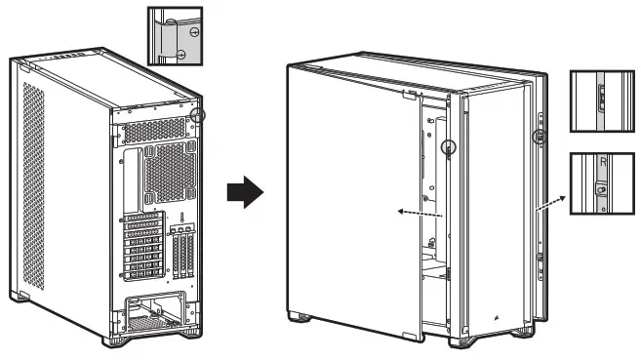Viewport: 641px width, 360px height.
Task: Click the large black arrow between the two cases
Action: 246,192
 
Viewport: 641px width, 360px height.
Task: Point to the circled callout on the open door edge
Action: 449,149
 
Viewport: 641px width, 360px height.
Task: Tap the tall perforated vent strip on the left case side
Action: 35,184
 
